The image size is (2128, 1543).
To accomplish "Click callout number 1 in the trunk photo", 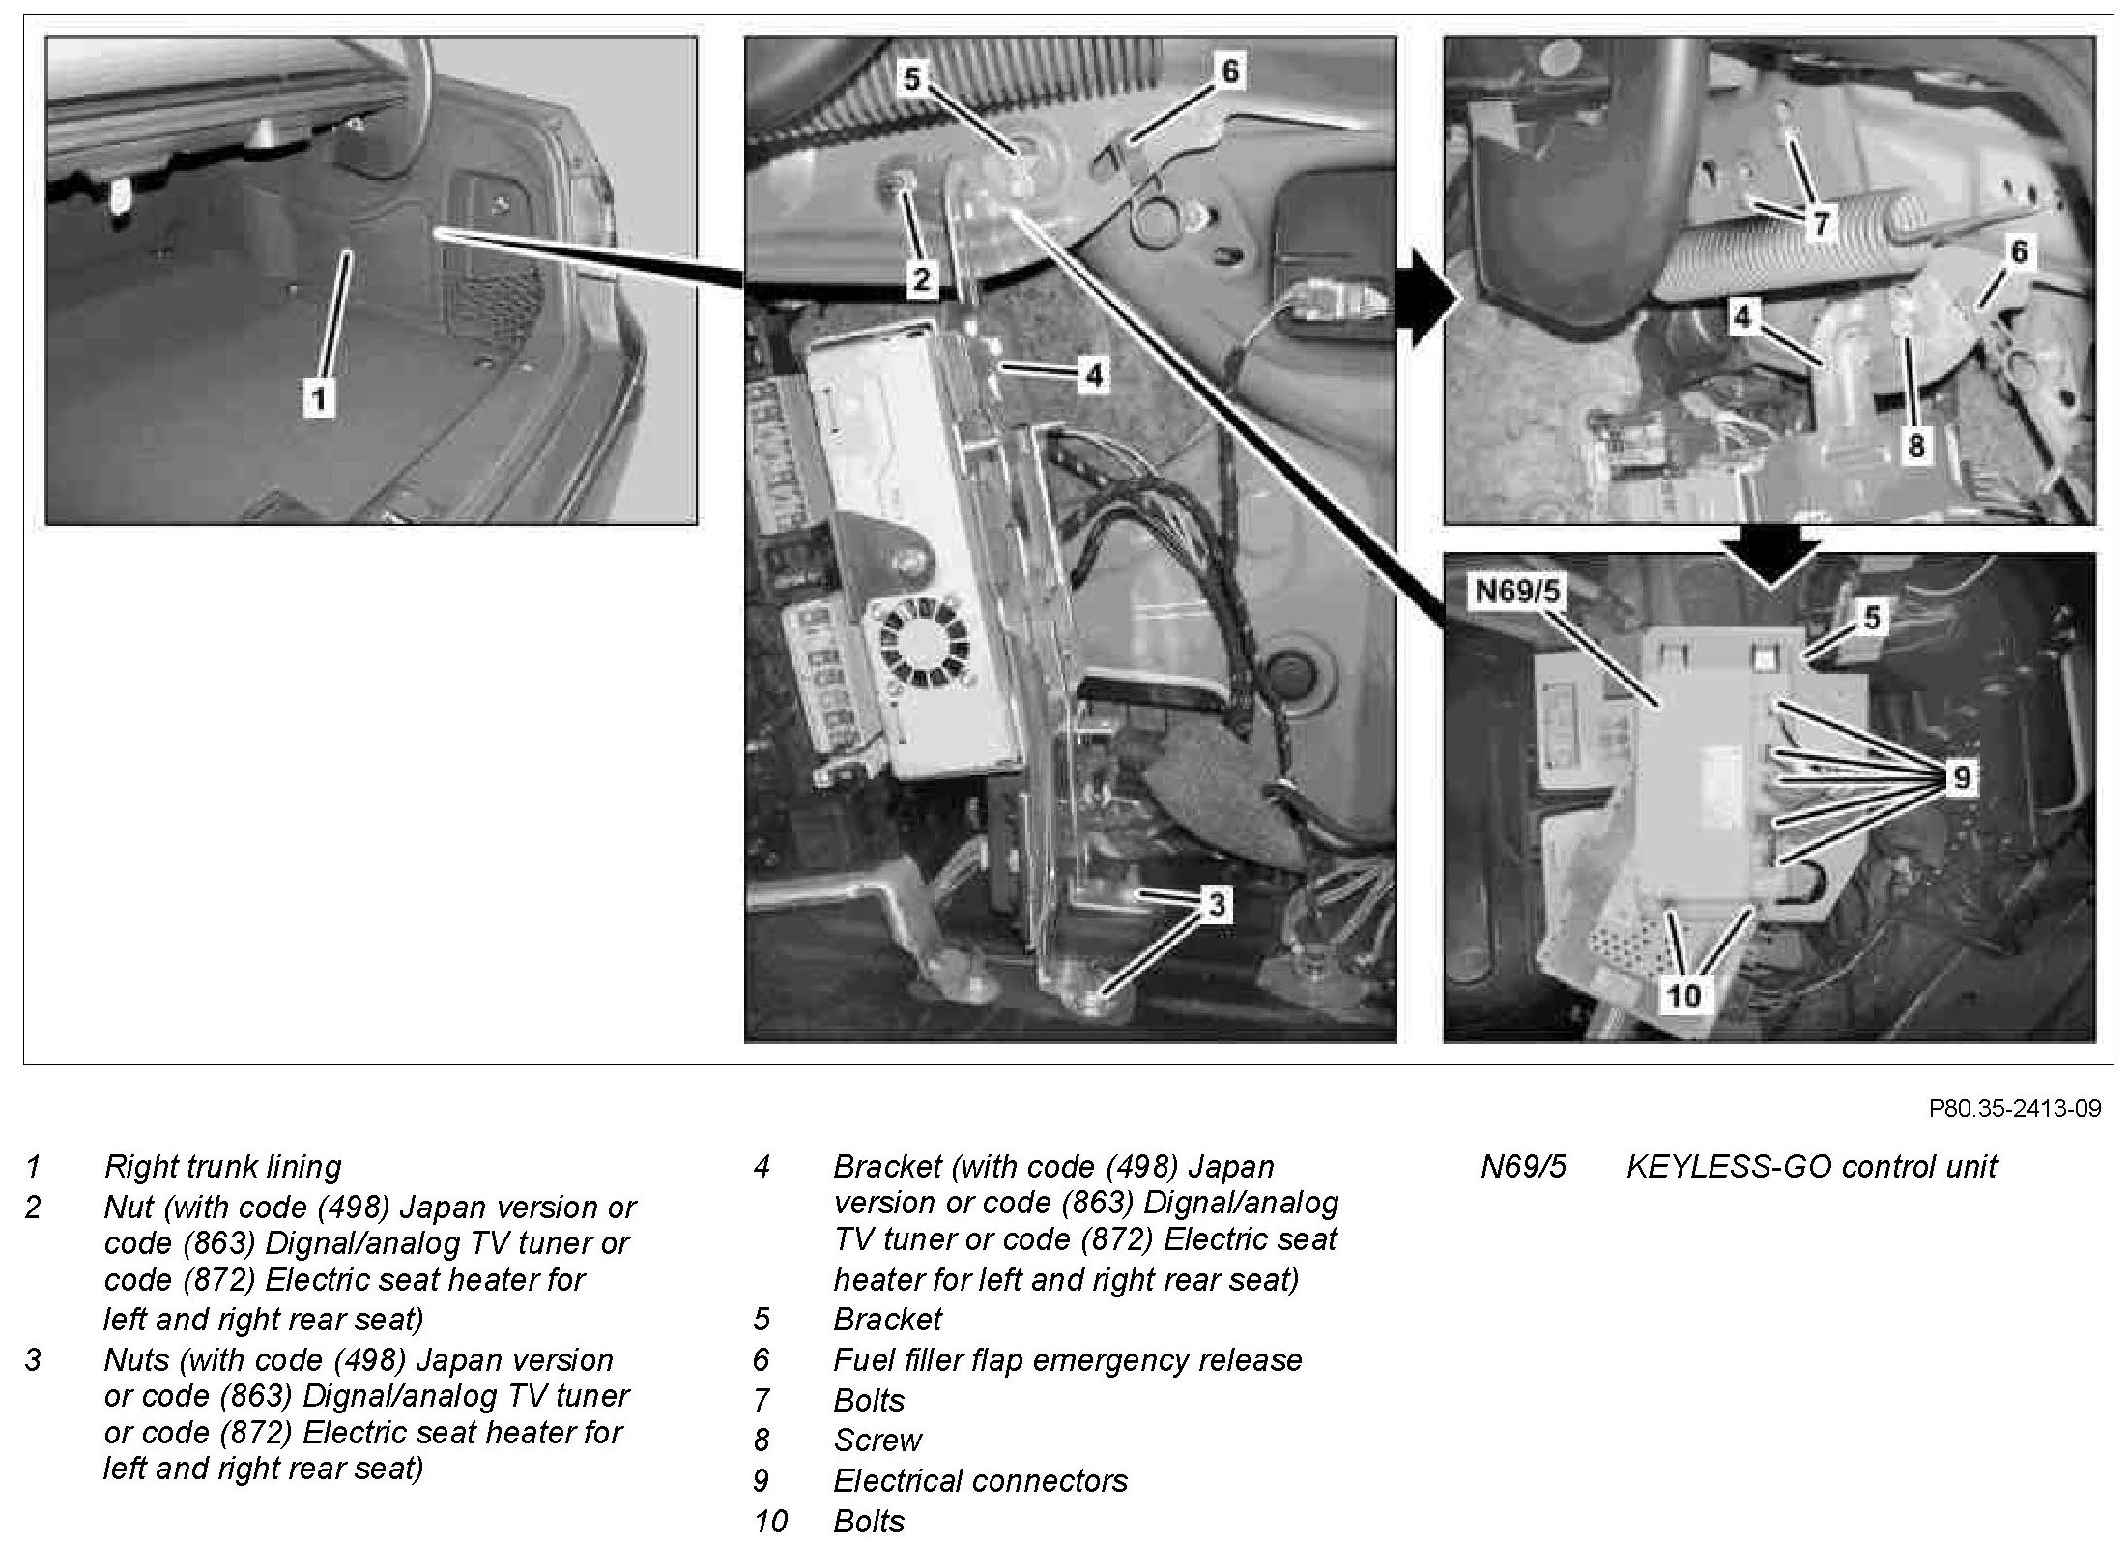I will click(318, 397).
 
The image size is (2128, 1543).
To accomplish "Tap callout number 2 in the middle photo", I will click(921, 278).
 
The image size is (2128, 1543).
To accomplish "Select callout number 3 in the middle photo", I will click(1217, 904).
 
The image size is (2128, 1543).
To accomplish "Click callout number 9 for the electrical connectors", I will click(1960, 777).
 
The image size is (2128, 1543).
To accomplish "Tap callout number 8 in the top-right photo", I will click(1915, 446).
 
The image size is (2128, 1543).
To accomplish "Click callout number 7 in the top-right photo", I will click(1821, 224).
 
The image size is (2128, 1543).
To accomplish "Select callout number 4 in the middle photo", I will click(1093, 375).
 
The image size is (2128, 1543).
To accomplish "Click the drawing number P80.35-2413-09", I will click(2014, 1108).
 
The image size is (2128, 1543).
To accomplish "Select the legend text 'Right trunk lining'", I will click(222, 1167).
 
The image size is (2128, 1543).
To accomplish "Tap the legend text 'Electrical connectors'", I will click(980, 1481).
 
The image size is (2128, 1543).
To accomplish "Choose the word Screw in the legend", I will click(877, 1441).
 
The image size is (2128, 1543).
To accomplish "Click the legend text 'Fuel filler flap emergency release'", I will click(1067, 1360).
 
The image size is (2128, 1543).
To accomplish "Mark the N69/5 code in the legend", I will click(1523, 1167).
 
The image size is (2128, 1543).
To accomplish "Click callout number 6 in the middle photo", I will click(1229, 72).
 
